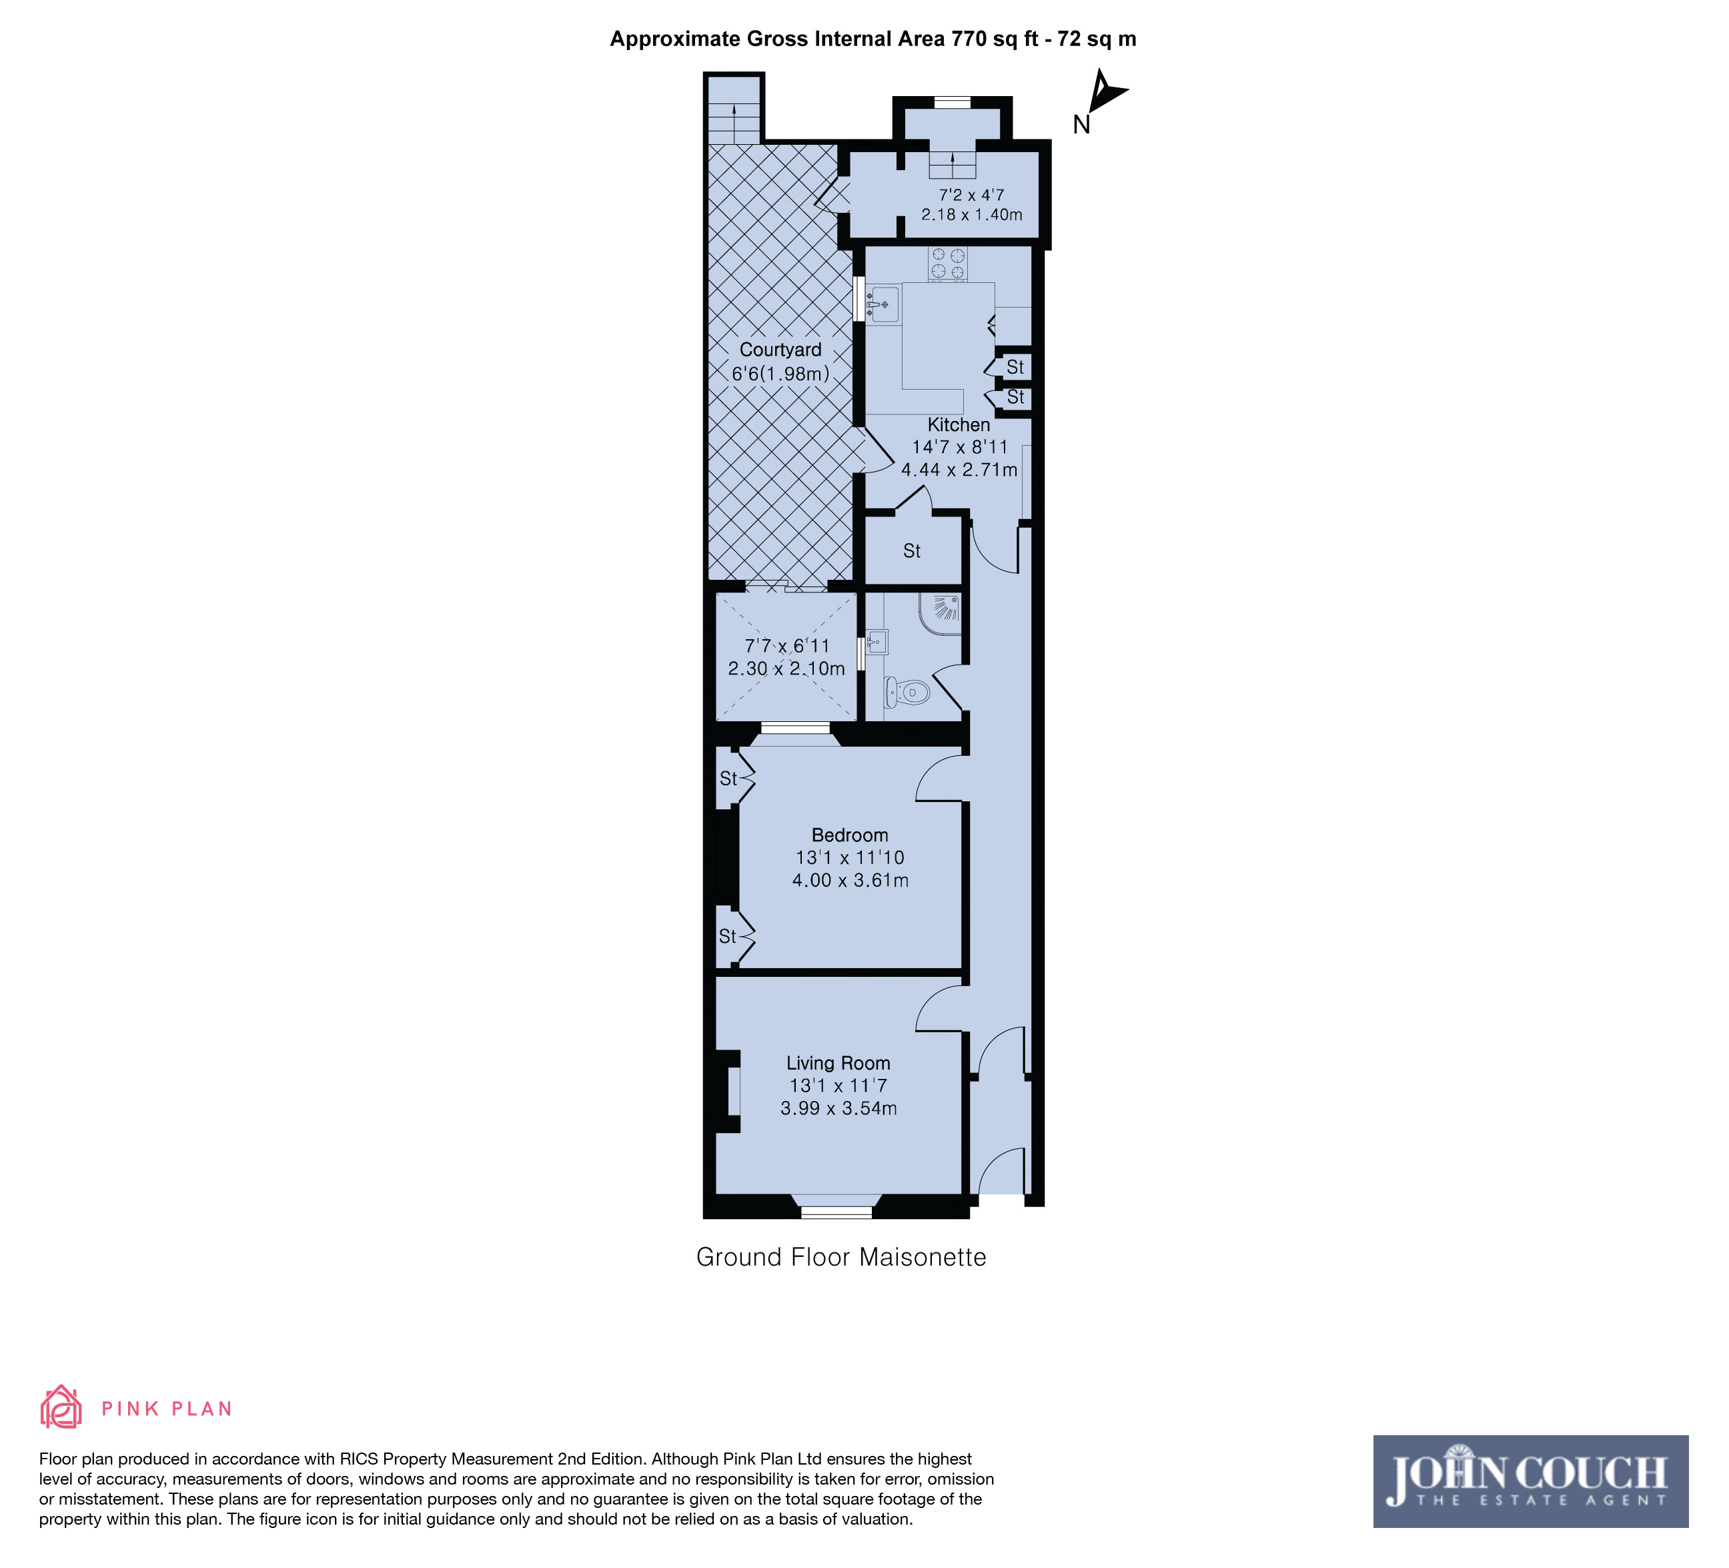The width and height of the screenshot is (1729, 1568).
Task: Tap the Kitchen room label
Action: [x=959, y=424]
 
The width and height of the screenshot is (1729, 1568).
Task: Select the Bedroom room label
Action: [x=850, y=835]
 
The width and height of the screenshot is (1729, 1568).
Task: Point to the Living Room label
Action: [x=838, y=1064]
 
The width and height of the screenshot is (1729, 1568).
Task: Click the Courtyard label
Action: [x=780, y=350]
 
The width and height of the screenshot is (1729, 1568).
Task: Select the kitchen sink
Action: [x=883, y=304]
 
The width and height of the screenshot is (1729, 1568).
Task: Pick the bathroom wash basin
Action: [x=876, y=643]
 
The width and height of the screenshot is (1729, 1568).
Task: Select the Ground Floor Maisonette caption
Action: [x=841, y=1258]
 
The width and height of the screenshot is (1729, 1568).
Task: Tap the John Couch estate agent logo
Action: [x=1531, y=1481]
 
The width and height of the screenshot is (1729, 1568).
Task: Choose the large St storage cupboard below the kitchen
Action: [x=913, y=550]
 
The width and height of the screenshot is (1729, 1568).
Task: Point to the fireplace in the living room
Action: [x=729, y=1091]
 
